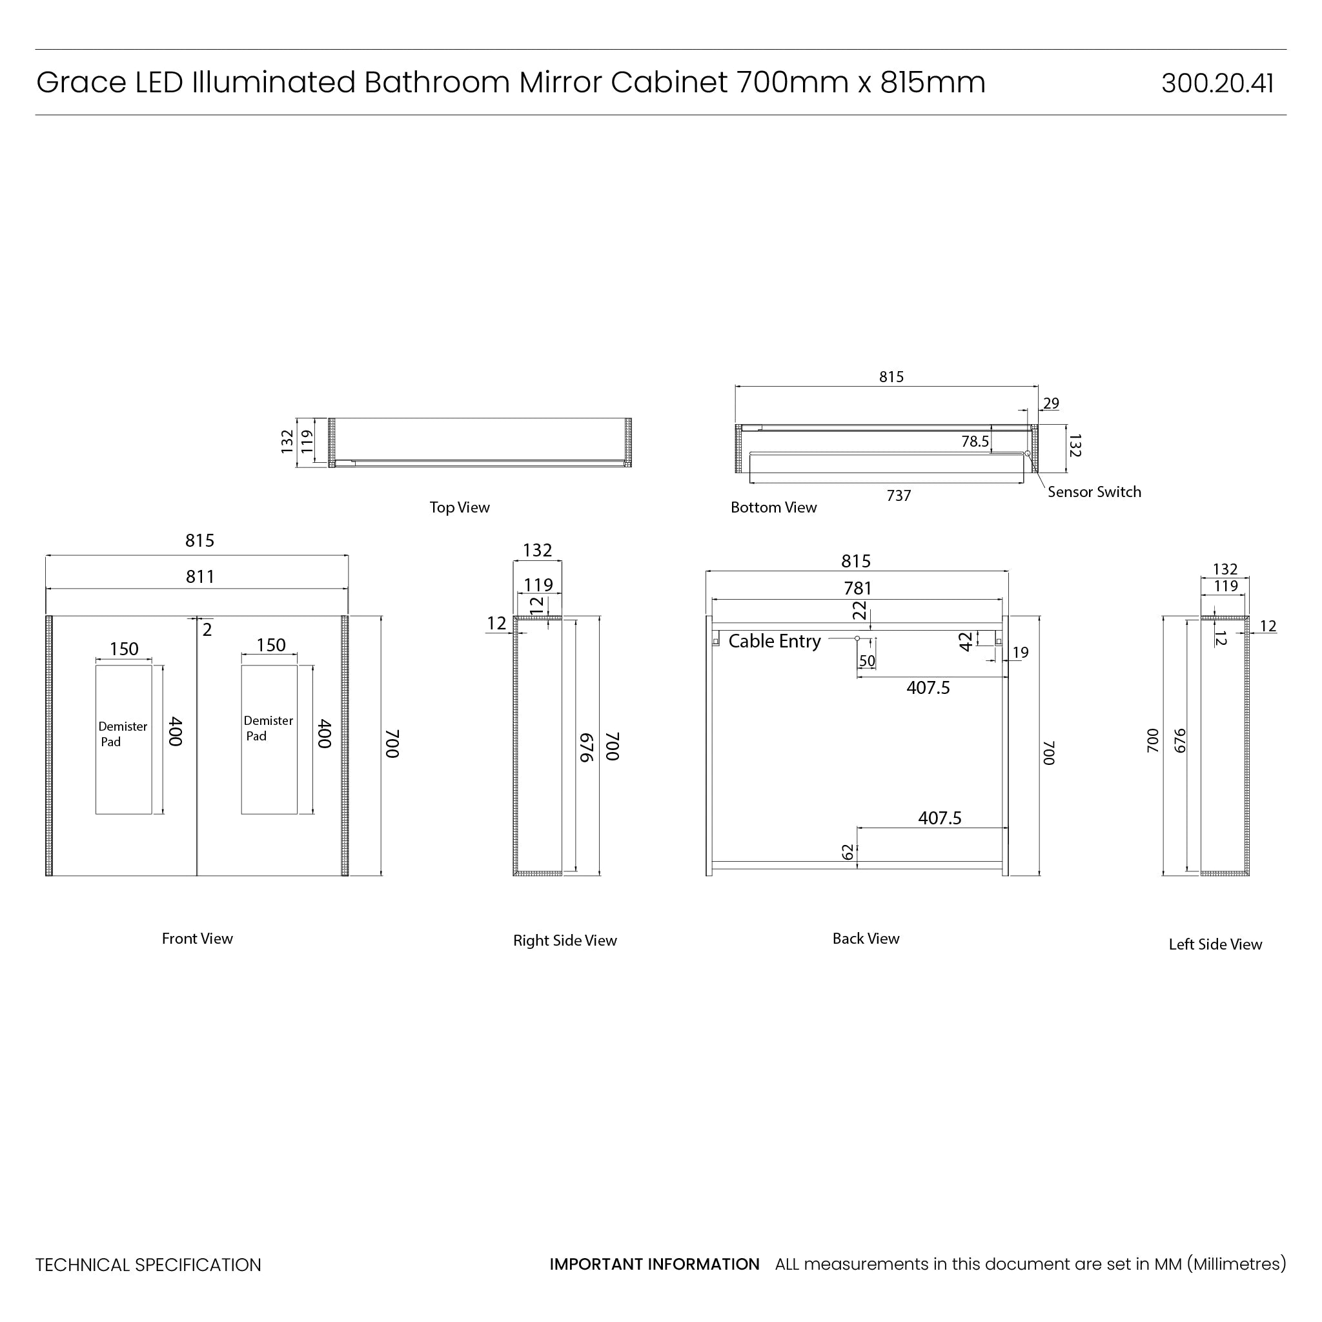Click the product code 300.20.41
(x=1217, y=83)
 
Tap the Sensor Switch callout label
(x=1093, y=492)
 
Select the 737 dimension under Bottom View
(x=899, y=495)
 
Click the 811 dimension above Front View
(x=200, y=577)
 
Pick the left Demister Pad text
(x=122, y=733)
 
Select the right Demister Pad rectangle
(x=269, y=773)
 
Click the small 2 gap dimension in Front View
(x=207, y=629)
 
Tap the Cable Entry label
(x=774, y=641)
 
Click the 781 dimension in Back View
(x=857, y=589)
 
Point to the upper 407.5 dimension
(x=928, y=687)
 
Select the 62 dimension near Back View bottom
(x=848, y=852)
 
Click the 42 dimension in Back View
(x=966, y=641)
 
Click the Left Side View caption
(x=1215, y=944)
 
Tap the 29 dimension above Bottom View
(x=1051, y=403)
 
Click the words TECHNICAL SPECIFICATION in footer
(x=148, y=1265)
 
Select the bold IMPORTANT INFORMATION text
(x=654, y=1264)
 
